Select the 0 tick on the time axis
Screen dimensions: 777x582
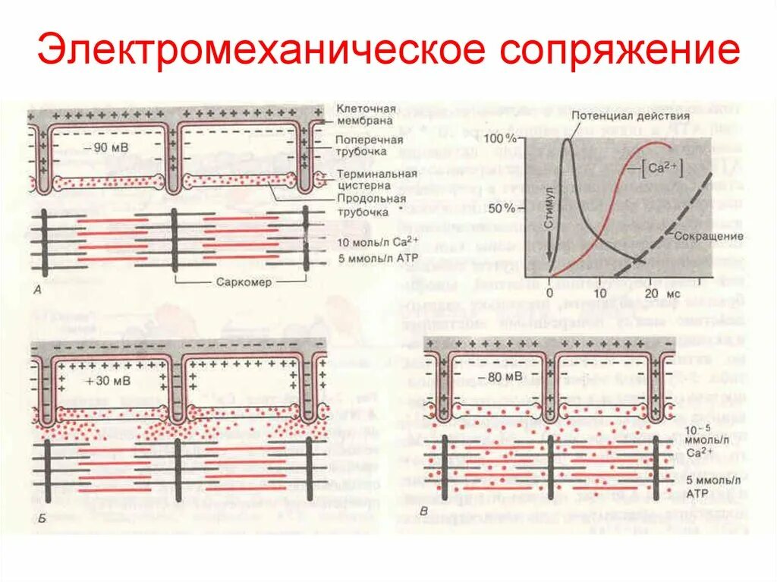pyautogui.click(x=550, y=293)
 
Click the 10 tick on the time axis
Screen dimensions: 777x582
pyautogui.click(x=599, y=293)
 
